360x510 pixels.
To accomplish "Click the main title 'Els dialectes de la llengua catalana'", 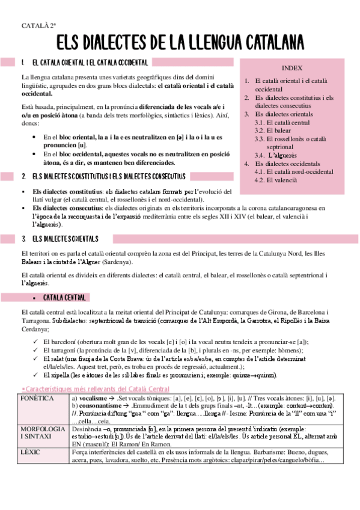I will (x=180, y=43).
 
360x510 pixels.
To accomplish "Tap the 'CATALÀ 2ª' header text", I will (x=39, y=25).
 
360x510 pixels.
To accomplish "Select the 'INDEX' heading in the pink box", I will (x=291, y=68).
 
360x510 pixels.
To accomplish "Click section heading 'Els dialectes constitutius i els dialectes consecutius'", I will (x=108, y=177).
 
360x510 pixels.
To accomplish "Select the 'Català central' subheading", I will (x=66, y=298).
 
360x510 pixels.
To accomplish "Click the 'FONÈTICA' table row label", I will (x=37, y=399).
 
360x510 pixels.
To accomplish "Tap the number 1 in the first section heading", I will (x=22, y=63).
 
